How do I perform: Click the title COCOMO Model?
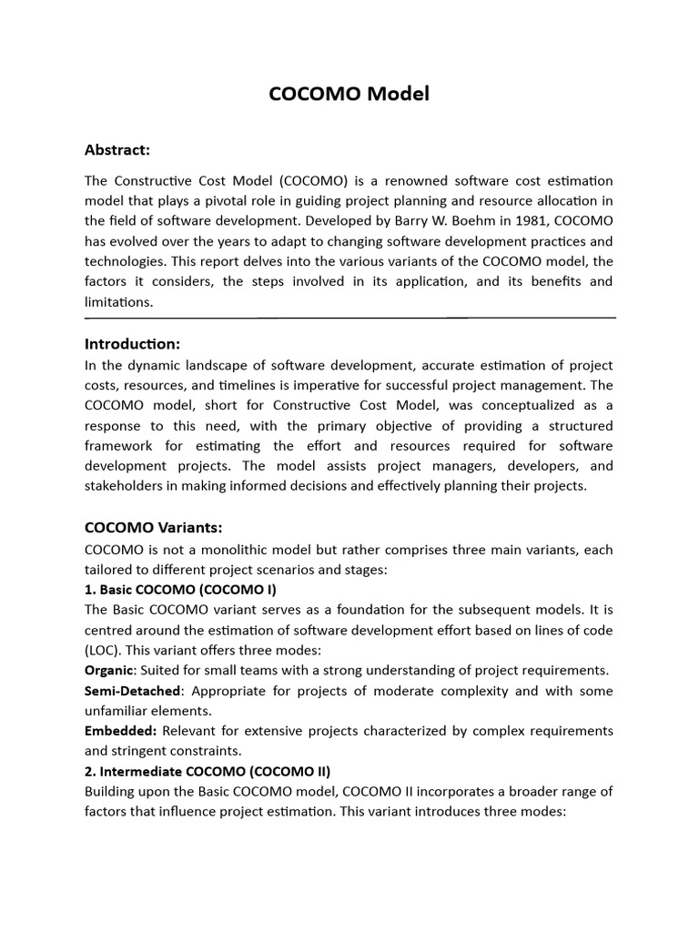(349, 95)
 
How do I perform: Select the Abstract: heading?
(117, 149)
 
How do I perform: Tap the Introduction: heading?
(132, 343)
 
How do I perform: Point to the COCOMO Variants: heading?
(153, 527)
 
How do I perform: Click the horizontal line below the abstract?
(349, 318)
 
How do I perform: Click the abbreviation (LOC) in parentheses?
(102, 650)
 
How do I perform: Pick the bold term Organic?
(108, 670)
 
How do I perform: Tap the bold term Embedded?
(116, 731)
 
